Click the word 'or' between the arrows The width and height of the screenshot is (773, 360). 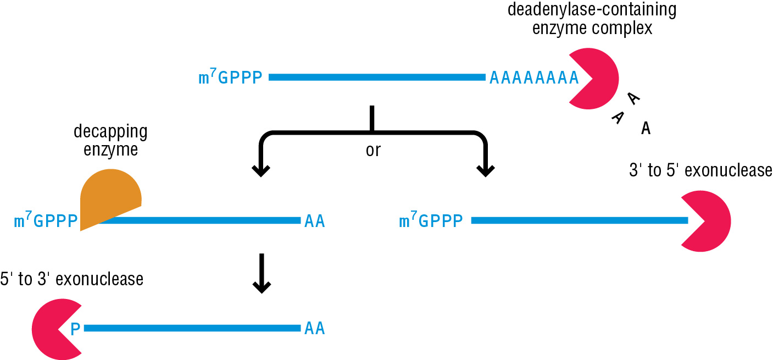click(x=372, y=151)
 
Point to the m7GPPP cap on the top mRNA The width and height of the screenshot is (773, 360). click(x=230, y=78)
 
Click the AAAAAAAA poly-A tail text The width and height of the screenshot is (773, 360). click(x=534, y=78)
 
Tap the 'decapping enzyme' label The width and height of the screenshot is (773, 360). click(x=110, y=141)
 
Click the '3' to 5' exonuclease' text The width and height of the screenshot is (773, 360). click(x=700, y=171)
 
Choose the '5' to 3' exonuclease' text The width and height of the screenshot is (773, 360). click(x=72, y=279)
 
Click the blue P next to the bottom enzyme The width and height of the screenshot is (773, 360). click(x=76, y=329)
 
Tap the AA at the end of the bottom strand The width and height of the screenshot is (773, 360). click(x=314, y=329)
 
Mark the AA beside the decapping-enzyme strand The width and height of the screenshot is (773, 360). click(x=314, y=221)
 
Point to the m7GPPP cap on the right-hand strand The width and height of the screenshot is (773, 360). click(x=431, y=221)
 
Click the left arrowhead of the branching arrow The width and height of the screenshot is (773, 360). click(x=261, y=170)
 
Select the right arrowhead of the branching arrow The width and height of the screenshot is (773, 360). click(x=485, y=170)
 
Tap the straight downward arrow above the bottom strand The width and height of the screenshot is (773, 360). click(x=262, y=273)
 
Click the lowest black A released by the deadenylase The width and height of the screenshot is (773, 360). click(x=646, y=129)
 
